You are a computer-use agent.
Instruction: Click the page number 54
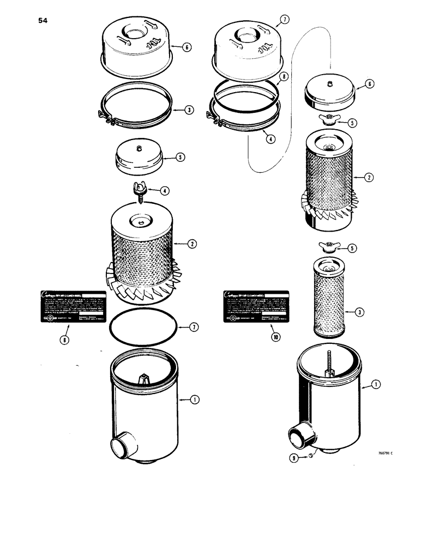[x=43, y=21]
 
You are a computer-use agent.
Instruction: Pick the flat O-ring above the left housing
[x=143, y=329]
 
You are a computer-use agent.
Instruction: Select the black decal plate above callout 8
[x=70, y=307]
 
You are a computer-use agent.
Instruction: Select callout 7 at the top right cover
[x=284, y=20]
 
